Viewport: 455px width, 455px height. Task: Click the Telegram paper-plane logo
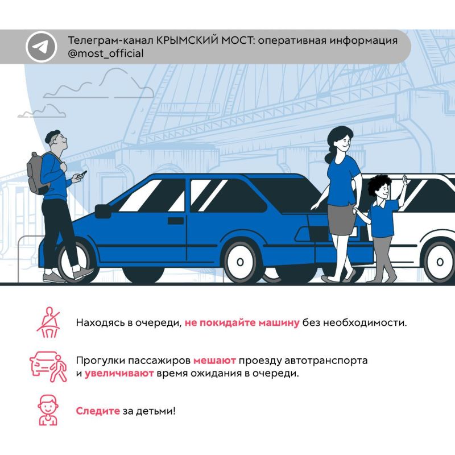click(40, 47)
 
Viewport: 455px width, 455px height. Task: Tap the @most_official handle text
click(106, 53)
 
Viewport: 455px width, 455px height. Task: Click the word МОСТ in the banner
click(238, 40)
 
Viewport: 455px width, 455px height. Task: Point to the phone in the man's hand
click(84, 173)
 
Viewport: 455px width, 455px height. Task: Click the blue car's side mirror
click(103, 211)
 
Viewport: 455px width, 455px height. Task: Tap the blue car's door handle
click(176, 221)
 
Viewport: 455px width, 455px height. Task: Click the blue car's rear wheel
click(240, 262)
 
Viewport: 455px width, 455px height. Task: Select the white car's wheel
click(439, 262)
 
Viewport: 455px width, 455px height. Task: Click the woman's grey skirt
click(341, 220)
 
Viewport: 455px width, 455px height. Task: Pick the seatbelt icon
click(48, 322)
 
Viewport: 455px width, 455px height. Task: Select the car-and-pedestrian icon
click(48, 367)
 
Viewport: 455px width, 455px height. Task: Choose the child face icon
click(48, 410)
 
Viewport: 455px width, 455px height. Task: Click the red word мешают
click(214, 361)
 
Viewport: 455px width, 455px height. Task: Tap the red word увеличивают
click(119, 373)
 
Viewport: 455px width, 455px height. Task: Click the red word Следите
click(98, 411)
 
